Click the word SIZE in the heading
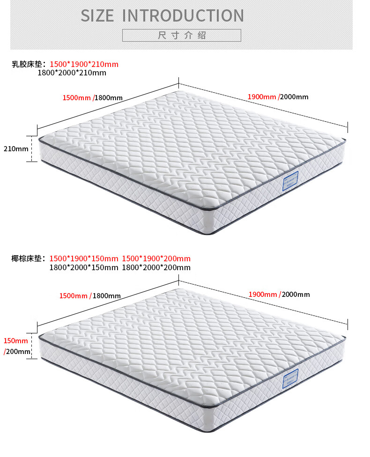click(x=97, y=15)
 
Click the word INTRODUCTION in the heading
click(x=183, y=15)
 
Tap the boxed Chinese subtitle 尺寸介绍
click(x=182, y=36)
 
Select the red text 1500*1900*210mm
click(x=84, y=64)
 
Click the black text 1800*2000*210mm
click(x=72, y=73)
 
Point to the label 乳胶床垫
click(x=29, y=64)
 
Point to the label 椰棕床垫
click(x=29, y=258)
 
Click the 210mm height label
click(x=16, y=149)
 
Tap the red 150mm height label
click(x=16, y=340)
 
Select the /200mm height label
click(x=17, y=351)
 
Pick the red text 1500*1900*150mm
click(x=84, y=258)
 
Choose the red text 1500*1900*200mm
click(x=156, y=258)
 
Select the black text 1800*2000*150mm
click(x=84, y=267)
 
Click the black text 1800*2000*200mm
click(x=156, y=267)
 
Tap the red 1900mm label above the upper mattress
click(x=262, y=97)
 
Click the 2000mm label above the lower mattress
click(x=296, y=295)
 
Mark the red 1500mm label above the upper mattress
click(x=77, y=97)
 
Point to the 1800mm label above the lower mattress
click(x=107, y=295)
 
